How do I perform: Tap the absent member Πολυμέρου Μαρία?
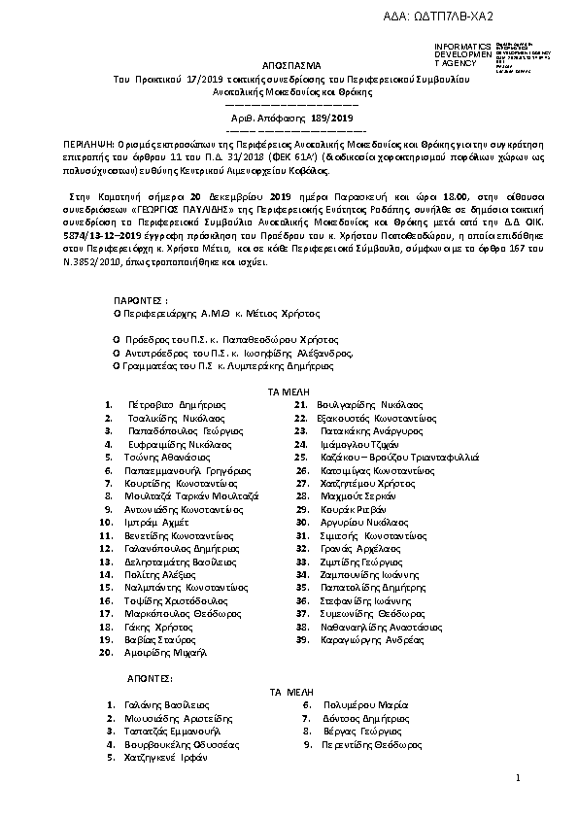tap(359, 704)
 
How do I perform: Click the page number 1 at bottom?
tap(519, 778)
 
